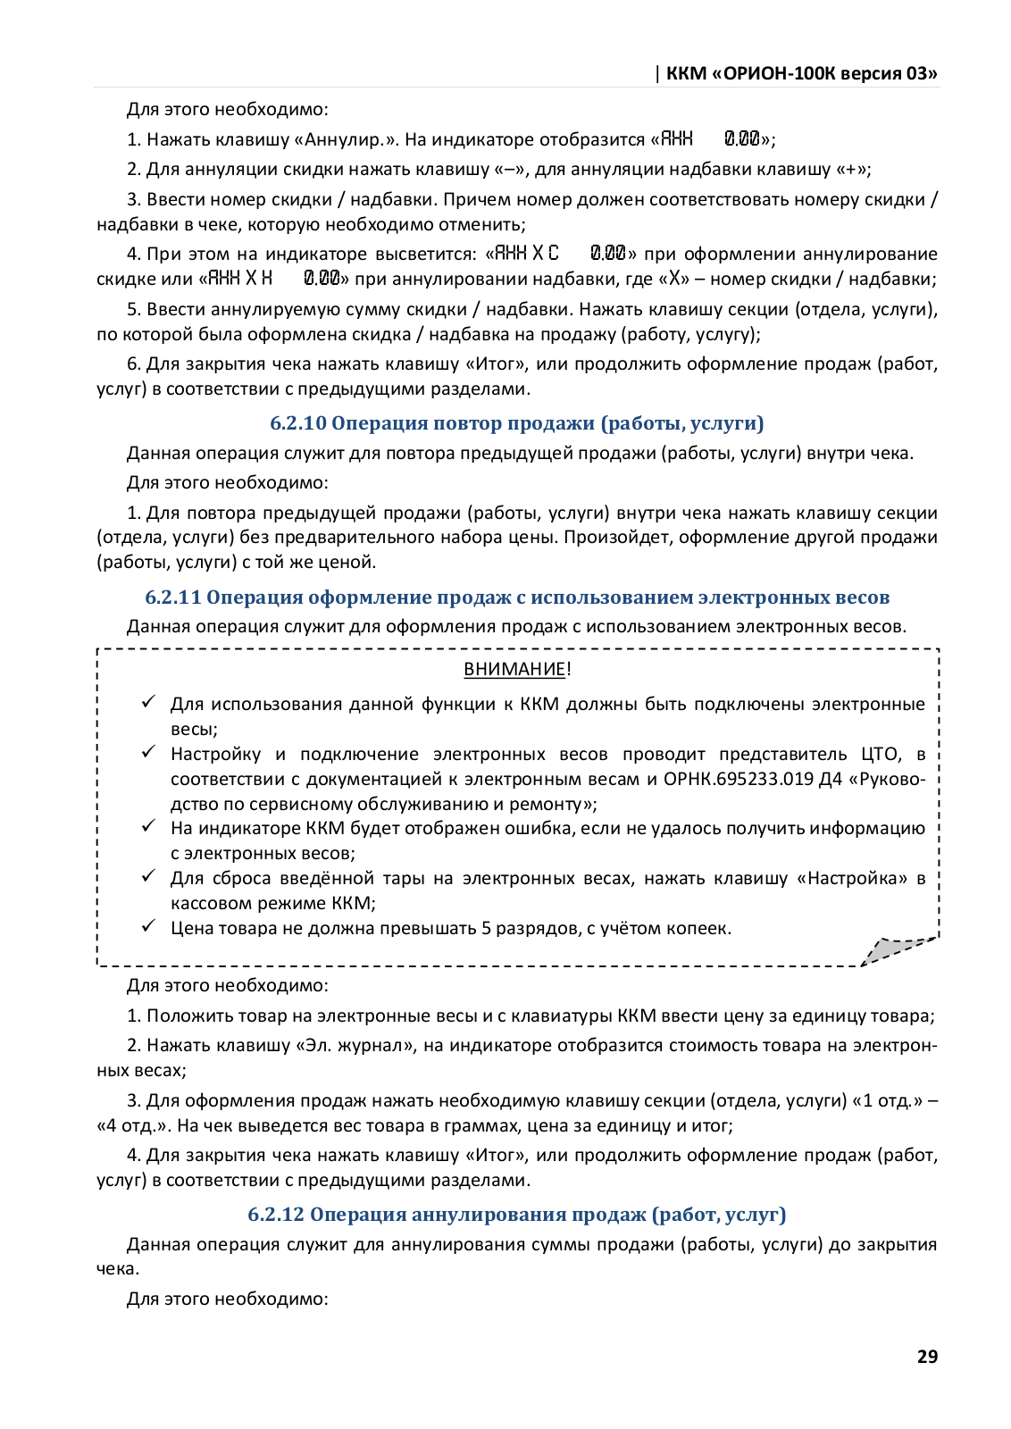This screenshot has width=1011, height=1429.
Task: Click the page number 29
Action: click(x=927, y=1356)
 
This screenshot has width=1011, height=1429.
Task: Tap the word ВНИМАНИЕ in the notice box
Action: click(x=514, y=669)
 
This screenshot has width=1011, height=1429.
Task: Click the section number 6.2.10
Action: click(x=298, y=423)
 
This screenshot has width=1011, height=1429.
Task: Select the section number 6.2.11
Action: click(x=173, y=598)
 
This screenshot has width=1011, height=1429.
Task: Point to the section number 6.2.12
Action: click(x=276, y=1215)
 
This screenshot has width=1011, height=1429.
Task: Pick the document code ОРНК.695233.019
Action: click(x=739, y=779)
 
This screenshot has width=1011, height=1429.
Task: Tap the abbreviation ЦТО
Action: click(x=880, y=754)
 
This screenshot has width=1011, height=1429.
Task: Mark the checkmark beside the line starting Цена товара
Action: click(x=149, y=926)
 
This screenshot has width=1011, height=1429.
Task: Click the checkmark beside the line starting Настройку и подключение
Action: click(x=149, y=752)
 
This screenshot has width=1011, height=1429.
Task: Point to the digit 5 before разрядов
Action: click(x=486, y=928)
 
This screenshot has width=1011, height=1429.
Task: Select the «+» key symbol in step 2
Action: click(x=851, y=169)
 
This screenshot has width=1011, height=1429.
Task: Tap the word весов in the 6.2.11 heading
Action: click(x=864, y=598)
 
